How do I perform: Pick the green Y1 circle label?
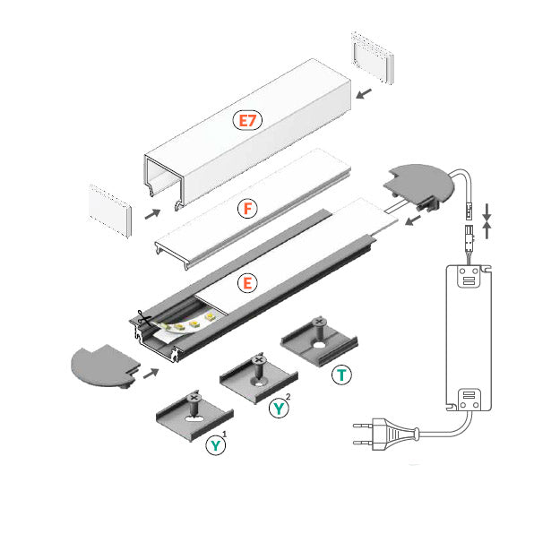tap(216, 445)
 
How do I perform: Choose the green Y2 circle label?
tap(280, 409)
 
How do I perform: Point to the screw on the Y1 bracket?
tap(194, 396)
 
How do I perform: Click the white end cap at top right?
tap(369, 59)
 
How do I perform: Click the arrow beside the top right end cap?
tap(363, 92)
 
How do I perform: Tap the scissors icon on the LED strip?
tap(142, 318)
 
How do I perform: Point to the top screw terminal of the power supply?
tap(466, 279)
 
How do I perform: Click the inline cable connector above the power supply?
tap(467, 226)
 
